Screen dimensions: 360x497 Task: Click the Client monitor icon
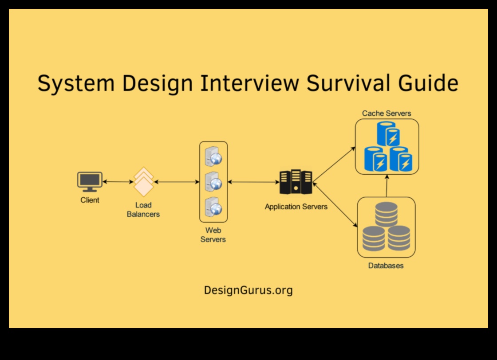click(90, 181)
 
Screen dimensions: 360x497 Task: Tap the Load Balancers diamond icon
click(144, 182)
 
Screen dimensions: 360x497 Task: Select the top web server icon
click(213, 156)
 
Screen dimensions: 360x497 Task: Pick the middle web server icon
click(213, 182)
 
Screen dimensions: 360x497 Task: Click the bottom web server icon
click(213, 207)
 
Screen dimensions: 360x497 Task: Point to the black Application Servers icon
click(296, 182)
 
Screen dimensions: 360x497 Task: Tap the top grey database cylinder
click(386, 214)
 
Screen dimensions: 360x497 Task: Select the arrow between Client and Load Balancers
click(118, 182)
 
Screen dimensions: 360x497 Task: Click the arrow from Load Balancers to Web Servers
click(177, 182)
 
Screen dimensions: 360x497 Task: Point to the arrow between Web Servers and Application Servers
click(253, 182)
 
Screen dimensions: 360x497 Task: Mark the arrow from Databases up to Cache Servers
click(387, 185)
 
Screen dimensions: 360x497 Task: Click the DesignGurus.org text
click(248, 290)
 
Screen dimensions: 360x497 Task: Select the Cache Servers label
click(387, 113)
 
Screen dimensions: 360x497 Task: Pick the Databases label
click(386, 266)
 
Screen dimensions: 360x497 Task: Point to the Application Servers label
click(296, 207)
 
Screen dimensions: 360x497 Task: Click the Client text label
click(90, 200)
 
